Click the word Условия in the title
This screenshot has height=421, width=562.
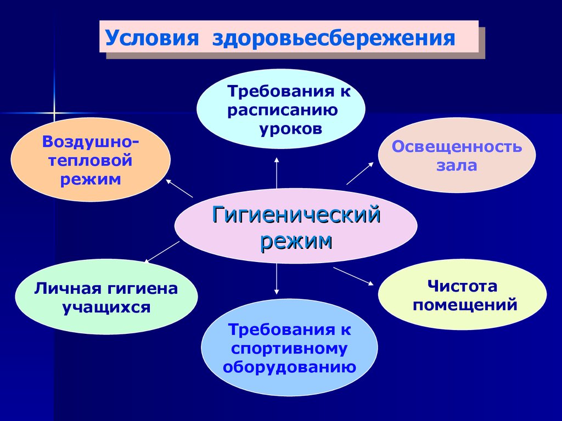pyautogui.click(x=151, y=38)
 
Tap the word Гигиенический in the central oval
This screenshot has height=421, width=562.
pyautogui.click(x=296, y=215)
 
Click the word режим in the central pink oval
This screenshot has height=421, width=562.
pyautogui.click(x=296, y=242)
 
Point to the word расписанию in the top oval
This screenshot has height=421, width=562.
pyautogui.click(x=283, y=111)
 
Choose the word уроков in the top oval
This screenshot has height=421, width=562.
pyautogui.click(x=291, y=129)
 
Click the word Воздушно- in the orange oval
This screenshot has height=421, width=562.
pyautogui.click(x=91, y=142)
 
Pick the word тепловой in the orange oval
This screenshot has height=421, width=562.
pyautogui.click(x=91, y=160)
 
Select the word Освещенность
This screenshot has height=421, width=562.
pyautogui.click(x=457, y=147)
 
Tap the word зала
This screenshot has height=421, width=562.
pyautogui.click(x=457, y=166)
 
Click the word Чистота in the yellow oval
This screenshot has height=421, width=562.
pyautogui.click(x=462, y=286)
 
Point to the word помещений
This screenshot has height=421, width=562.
pyautogui.click(x=465, y=305)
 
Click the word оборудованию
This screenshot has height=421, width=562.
pyautogui.click(x=289, y=368)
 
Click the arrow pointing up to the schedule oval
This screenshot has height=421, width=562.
pyautogui.click(x=277, y=172)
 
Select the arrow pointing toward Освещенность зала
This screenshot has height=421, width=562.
pyautogui.click(x=360, y=174)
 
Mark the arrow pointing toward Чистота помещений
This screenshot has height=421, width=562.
pyautogui.click(x=353, y=276)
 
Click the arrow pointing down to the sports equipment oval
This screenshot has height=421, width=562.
pyautogui.click(x=277, y=279)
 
